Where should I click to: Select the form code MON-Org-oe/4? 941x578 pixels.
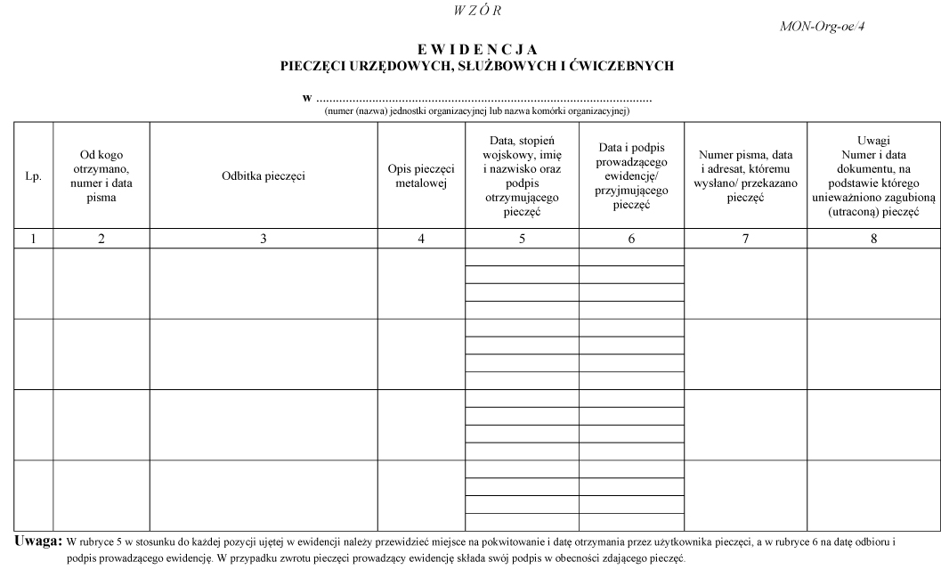point(823,26)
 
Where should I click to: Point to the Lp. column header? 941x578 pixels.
point(34,176)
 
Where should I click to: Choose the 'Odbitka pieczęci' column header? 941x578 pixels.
point(264,176)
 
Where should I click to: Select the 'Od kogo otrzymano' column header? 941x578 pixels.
point(101,176)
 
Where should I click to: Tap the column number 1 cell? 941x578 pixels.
point(34,239)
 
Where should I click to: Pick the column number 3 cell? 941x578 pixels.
point(264,239)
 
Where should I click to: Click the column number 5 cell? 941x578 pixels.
point(522,239)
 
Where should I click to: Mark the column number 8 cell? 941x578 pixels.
point(873,239)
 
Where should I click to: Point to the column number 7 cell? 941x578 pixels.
point(745,239)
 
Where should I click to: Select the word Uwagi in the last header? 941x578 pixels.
point(873,140)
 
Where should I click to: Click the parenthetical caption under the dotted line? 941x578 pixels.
point(477,111)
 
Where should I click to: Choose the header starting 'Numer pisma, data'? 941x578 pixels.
point(745,176)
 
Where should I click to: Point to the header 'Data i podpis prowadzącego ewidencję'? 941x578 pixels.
point(631,176)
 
